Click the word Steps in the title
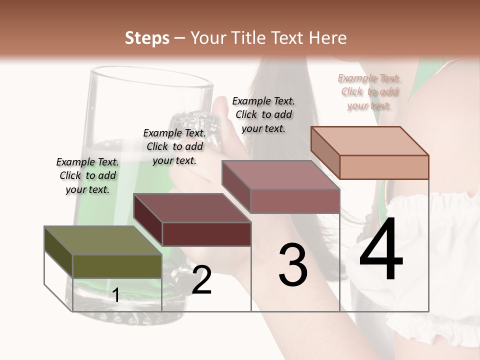(147, 38)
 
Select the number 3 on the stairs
(292, 265)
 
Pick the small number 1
(116, 295)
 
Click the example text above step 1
(87, 175)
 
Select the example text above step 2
(174, 146)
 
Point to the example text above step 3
(263, 114)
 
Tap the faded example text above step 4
(369, 91)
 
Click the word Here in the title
(327, 38)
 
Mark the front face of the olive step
(117, 266)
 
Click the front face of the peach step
(384, 167)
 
